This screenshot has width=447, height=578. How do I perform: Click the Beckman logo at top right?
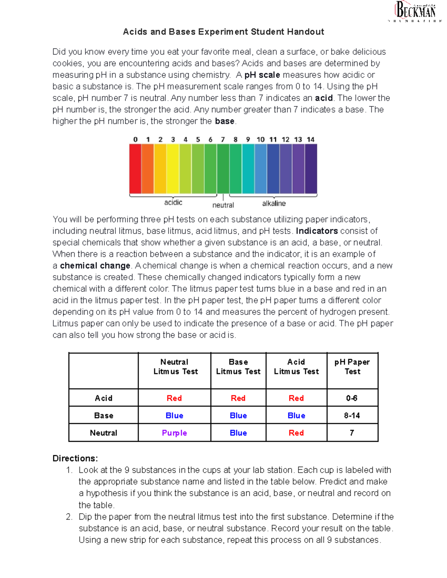pyautogui.click(x=415, y=11)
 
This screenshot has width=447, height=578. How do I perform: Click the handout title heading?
pyautogui.click(x=223, y=32)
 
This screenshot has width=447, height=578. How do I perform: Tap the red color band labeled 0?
pyautogui.click(x=135, y=169)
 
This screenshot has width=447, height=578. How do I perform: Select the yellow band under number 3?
pyautogui.click(x=173, y=169)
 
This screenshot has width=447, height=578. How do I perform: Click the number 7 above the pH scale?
pyautogui.click(x=223, y=140)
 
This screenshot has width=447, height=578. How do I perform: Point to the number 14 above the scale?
pyautogui.click(x=311, y=140)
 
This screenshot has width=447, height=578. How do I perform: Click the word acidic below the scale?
pyautogui.click(x=173, y=202)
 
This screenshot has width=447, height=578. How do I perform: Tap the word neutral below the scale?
pyautogui.click(x=223, y=205)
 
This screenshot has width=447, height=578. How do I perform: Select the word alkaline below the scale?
pyautogui.click(x=274, y=204)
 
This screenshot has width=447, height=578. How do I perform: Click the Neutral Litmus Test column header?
pyautogui.click(x=175, y=367)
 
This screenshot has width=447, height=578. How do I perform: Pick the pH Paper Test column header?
pyautogui.click(x=352, y=367)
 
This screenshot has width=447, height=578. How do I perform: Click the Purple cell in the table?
pyautogui.click(x=174, y=433)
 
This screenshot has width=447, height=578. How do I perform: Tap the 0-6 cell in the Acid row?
pyautogui.click(x=352, y=398)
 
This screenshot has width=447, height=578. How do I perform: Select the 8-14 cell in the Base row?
pyautogui.click(x=352, y=415)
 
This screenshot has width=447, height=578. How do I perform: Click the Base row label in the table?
pyautogui.click(x=104, y=415)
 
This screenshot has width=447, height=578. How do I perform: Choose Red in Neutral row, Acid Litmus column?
pyautogui.click(x=296, y=433)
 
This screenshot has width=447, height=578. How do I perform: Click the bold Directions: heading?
pyautogui.click(x=75, y=458)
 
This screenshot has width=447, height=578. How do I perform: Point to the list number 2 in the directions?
pyautogui.click(x=69, y=517)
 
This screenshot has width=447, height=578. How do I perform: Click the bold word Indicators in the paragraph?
pyautogui.click(x=317, y=231)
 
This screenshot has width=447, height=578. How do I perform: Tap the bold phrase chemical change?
pyautogui.click(x=95, y=266)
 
